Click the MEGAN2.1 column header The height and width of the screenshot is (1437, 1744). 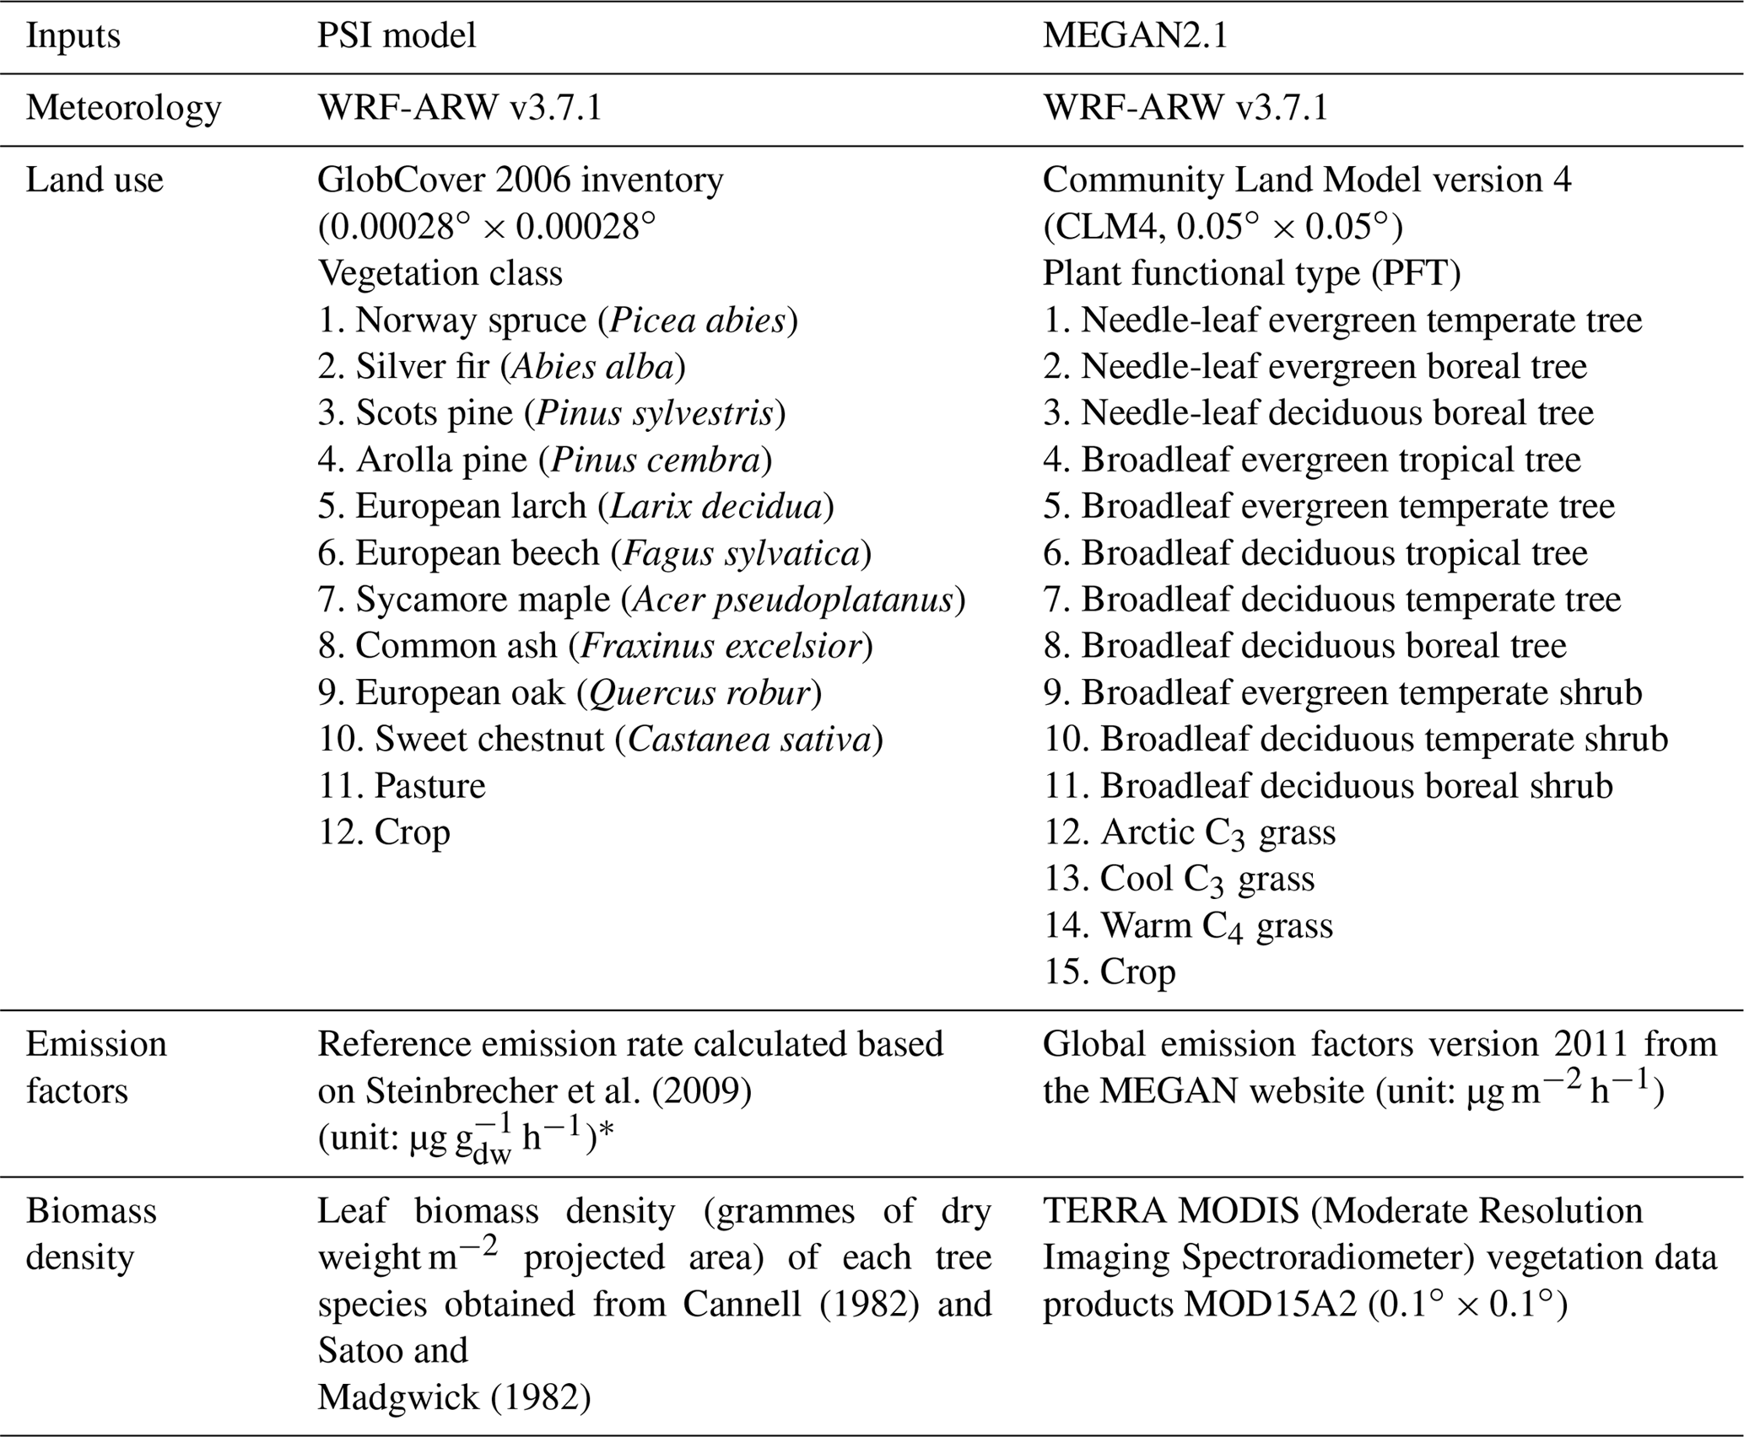click(x=1135, y=36)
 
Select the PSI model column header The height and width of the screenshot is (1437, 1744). click(x=397, y=36)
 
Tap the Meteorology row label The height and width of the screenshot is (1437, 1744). click(x=123, y=108)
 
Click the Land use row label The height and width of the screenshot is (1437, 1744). click(x=94, y=180)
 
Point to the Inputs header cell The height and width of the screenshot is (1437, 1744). click(x=73, y=36)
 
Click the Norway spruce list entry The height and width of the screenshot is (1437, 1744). click(x=557, y=320)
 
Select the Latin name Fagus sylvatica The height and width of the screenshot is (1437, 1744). click(x=741, y=553)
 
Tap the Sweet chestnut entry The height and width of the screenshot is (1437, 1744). click(x=600, y=740)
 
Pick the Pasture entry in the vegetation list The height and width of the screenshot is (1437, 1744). click(x=402, y=786)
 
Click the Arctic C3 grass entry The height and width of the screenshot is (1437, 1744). click(x=1189, y=833)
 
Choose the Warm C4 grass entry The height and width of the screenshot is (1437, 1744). click(x=1187, y=926)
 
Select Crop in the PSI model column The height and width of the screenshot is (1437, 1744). click(x=384, y=832)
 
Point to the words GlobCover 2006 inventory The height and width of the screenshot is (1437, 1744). click(x=520, y=180)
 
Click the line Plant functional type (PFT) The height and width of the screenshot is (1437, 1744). click(x=1251, y=273)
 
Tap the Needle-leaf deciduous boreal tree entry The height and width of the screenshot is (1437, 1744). click(x=1318, y=413)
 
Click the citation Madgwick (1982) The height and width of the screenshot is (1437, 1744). click(x=454, y=1397)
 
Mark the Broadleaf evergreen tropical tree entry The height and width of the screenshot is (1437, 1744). click(x=1311, y=460)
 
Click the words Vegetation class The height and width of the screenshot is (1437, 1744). click(x=440, y=273)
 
